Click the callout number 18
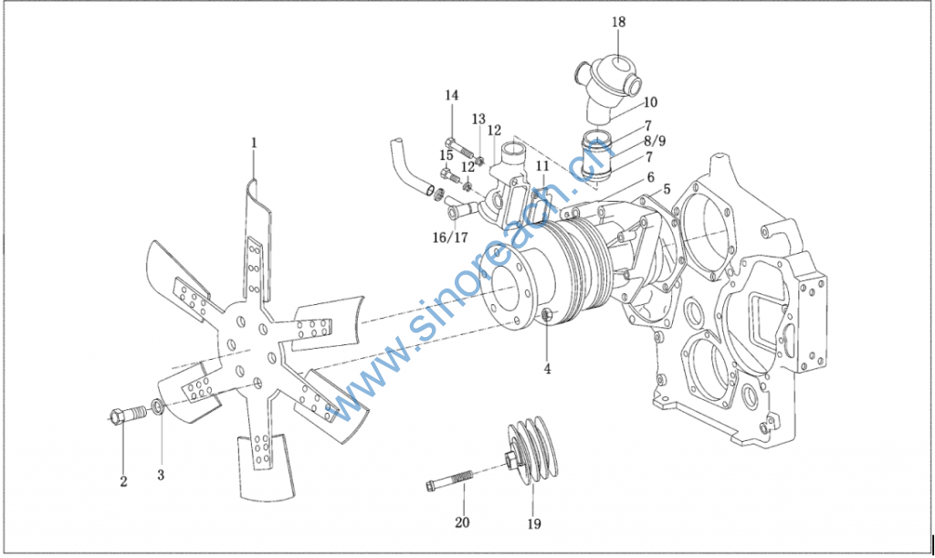618,22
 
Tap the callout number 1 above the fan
254,142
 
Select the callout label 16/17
450,237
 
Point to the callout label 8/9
655,141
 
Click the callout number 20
462,522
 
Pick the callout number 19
533,524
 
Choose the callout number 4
547,370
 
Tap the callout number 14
451,95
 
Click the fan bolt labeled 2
128,413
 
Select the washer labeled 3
158,407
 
